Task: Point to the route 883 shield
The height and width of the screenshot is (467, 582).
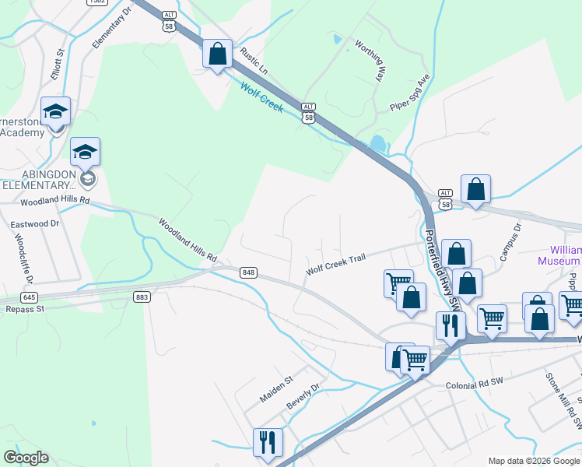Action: (x=142, y=297)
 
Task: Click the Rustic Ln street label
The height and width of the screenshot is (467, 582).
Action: (x=253, y=61)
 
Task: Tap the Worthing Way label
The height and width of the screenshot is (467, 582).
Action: (x=370, y=61)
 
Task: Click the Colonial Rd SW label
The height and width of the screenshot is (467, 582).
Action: (x=476, y=385)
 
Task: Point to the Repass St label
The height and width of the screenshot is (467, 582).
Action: (x=26, y=309)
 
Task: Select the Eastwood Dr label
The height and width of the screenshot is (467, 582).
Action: (x=35, y=223)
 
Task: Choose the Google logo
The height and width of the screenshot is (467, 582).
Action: (x=26, y=458)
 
